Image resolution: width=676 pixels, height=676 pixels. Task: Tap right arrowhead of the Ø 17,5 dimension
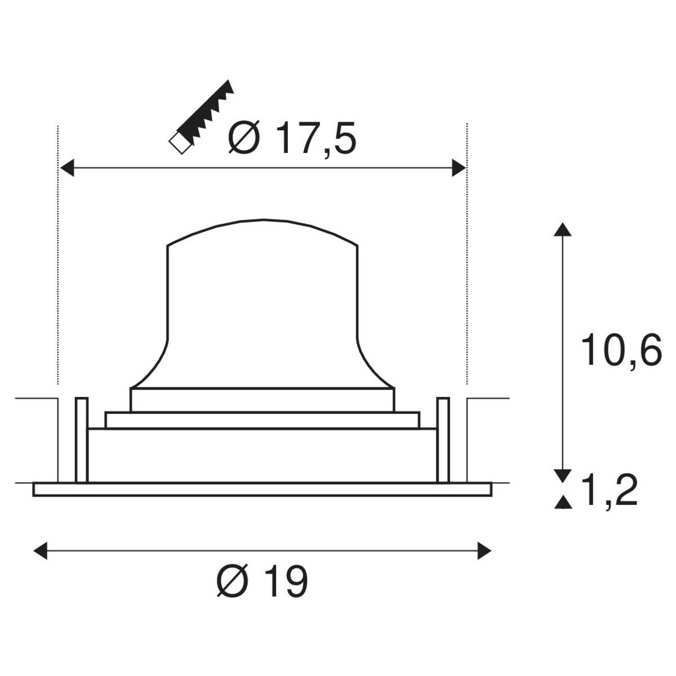pyautogui.click(x=459, y=168)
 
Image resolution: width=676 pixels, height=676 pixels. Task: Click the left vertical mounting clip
pyautogui.click(x=81, y=439)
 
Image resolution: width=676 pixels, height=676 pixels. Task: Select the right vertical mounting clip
pyautogui.click(x=443, y=439)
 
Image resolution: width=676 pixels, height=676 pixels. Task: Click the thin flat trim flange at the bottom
pyautogui.click(x=262, y=490)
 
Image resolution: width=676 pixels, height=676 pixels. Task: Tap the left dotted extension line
pyautogui.click(x=58, y=253)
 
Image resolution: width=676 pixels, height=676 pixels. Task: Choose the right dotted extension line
pyautogui.click(x=467, y=253)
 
